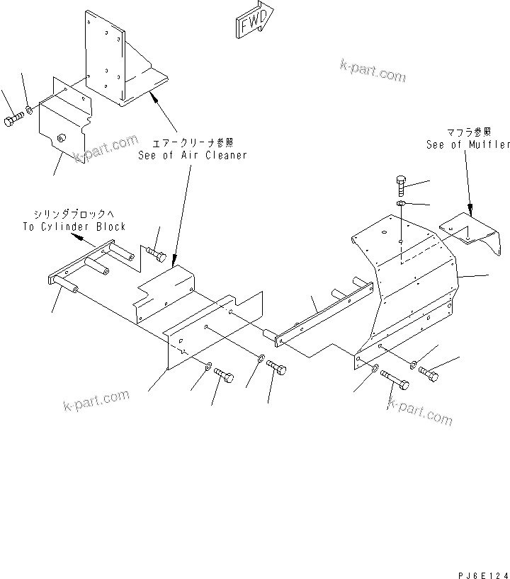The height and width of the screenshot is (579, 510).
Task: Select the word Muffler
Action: click(x=489, y=144)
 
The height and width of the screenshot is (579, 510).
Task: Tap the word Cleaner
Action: click(x=225, y=155)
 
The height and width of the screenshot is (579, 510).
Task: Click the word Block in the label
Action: click(x=112, y=227)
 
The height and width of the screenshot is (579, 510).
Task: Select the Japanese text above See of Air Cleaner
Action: click(x=193, y=143)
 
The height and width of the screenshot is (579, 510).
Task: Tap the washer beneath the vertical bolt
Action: click(x=400, y=205)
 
